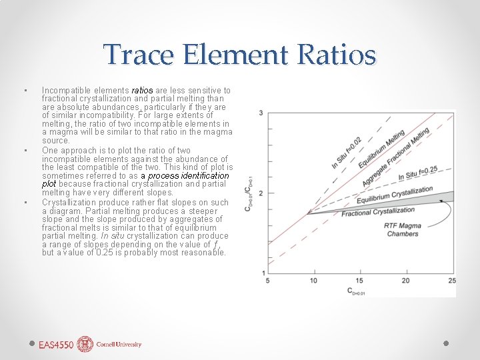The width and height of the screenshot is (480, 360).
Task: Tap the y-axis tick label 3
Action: (261, 113)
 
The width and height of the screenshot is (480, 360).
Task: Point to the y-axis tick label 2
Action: (261, 193)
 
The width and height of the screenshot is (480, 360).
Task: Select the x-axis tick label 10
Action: (313, 281)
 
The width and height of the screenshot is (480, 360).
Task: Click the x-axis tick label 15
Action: (359, 281)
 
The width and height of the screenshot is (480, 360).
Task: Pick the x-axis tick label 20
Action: (405, 281)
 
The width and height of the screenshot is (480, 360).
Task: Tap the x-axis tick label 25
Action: (451, 281)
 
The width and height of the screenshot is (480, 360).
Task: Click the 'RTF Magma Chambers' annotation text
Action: (402, 230)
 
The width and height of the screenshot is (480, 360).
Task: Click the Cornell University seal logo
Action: (85, 344)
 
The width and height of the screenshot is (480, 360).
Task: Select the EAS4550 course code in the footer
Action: (56, 345)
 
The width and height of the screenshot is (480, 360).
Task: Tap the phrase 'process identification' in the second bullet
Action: (189, 176)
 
